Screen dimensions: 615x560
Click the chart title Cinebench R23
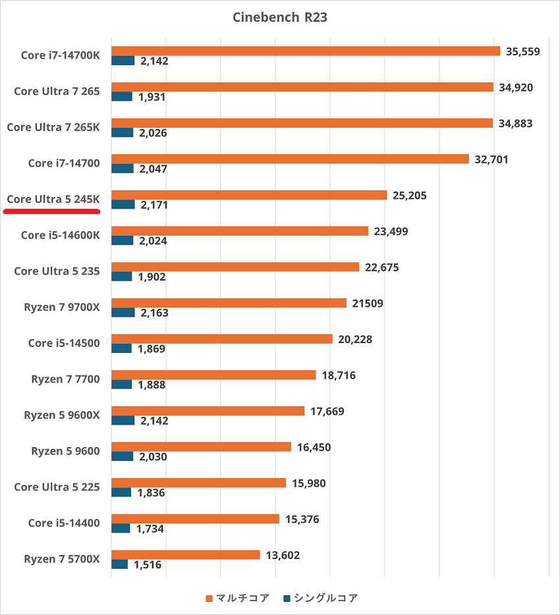[x=280, y=18]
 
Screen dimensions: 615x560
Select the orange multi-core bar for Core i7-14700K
[x=306, y=51]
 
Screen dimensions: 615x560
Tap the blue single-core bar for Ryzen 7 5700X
[x=119, y=564]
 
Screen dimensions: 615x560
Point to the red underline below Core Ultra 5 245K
[x=52, y=212]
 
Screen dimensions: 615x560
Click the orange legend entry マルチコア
[x=238, y=598]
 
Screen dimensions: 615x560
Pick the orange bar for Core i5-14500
[x=222, y=338]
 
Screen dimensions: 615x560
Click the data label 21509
[x=368, y=303]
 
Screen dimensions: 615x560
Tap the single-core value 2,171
[x=154, y=205]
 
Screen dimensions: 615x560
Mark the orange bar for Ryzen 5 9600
[x=201, y=446]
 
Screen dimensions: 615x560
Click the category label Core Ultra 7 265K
[x=53, y=127]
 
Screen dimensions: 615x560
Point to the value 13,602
[x=283, y=555]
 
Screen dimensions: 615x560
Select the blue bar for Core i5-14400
[x=121, y=528]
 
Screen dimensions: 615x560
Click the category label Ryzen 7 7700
[x=65, y=379]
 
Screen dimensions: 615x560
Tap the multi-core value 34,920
[x=518, y=87]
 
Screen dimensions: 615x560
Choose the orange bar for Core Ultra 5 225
[x=198, y=483]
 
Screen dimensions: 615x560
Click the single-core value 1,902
[x=152, y=277]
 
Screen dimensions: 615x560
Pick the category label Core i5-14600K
[x=61, y=235]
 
